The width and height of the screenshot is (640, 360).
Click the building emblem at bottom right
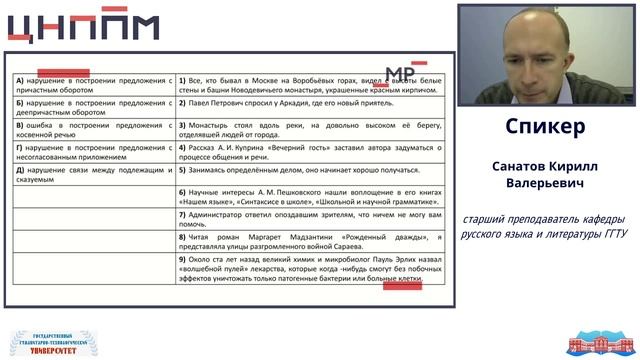[594, 344]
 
